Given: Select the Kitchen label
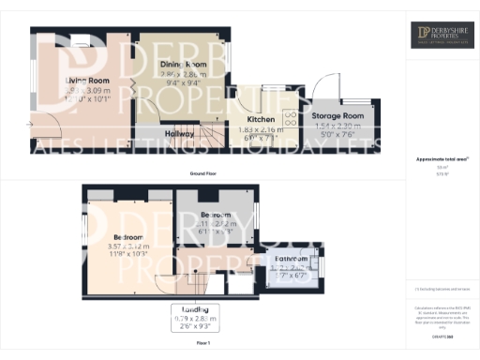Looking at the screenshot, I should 261,119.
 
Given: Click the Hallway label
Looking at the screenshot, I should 180,134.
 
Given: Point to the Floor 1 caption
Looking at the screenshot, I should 202,343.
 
